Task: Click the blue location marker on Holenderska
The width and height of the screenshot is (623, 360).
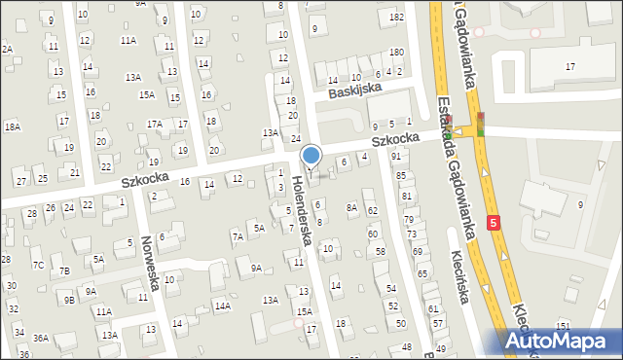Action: tap(311, 156)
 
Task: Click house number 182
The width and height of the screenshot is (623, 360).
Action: tap(396, 18)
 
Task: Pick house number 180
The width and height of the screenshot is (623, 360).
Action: tap(396, 52)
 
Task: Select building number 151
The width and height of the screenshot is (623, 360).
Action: tap(563, 325)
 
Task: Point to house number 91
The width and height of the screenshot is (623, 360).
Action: tap(396, 156)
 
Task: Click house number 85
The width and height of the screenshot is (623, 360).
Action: tap(401, 175)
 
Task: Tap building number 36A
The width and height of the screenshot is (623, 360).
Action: tap(40, 338)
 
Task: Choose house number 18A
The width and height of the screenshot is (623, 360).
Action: tap(12, 126)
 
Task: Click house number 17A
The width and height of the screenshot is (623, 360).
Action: tap(154, 124)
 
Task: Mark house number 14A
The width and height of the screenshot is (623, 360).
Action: tap(222, 306)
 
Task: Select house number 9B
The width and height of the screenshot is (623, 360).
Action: tap(70, 300)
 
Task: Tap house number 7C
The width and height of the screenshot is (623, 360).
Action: tap(37, 265)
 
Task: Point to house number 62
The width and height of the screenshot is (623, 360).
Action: tap(372, 210)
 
